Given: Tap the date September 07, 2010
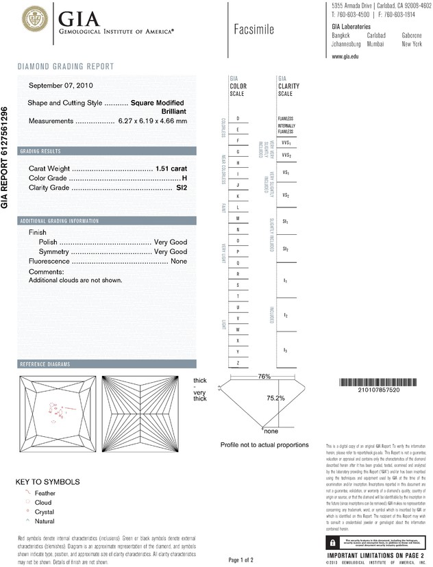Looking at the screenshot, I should [61, 86].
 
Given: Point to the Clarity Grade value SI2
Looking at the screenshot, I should [182, 187].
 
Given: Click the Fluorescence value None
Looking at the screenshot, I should [179, 262].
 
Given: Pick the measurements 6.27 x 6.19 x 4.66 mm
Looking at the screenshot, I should [152, 121].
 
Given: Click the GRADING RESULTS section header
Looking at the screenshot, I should [41, 151].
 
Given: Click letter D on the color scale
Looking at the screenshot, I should [237, 119].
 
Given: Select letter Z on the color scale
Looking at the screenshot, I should [237, 362].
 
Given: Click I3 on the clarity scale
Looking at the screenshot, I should [286, 350].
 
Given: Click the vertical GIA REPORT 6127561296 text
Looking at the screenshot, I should [6, 157].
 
